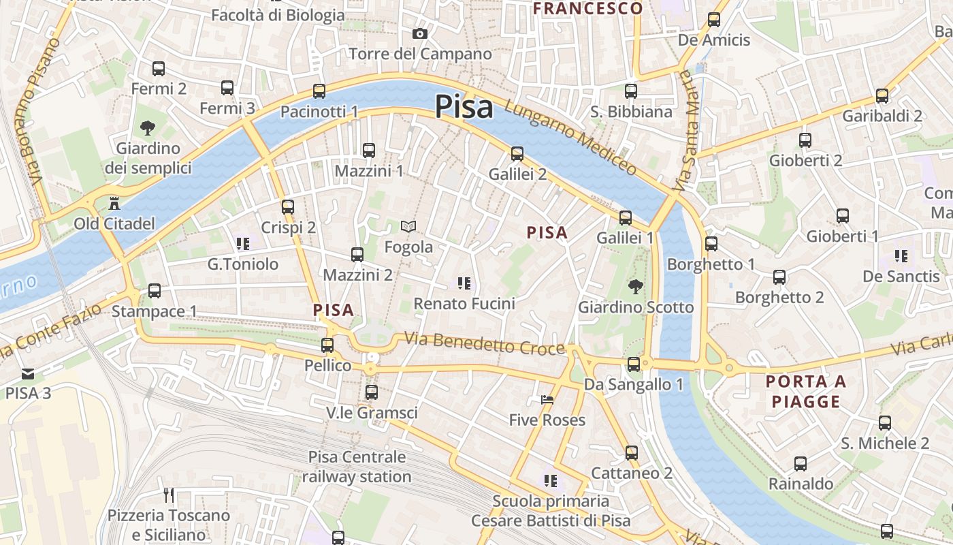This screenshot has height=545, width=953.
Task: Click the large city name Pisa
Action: coord(464,107)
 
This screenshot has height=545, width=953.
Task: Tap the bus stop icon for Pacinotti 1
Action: coord(319,91)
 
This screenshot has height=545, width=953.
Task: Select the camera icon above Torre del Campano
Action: coord(420,33)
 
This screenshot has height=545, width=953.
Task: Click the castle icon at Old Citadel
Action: coord(114,203)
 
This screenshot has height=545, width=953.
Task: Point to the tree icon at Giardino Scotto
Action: coord(636,287)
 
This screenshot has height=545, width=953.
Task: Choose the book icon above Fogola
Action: coord(408,226)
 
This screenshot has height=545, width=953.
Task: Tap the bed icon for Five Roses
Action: coord(547,400)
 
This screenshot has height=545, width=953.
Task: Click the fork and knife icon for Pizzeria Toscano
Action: coord(169,495)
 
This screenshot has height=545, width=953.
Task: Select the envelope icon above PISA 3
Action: coord(28,373)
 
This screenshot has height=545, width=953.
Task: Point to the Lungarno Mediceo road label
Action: coord(570,139)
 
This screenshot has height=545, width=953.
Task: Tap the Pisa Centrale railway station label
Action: coord(357,467)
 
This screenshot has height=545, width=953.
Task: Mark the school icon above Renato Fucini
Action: coord(464,283)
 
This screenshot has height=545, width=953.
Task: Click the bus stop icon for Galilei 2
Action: coord(517,154)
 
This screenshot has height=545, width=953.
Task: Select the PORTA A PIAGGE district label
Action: coord(806,391)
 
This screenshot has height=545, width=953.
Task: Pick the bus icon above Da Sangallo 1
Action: coord(634,364)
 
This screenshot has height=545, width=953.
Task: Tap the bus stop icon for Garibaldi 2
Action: coord(882,96)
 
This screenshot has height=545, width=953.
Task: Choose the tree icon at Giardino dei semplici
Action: coord(147,127)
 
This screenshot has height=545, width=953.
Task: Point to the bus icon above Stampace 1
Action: coord(155,291)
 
